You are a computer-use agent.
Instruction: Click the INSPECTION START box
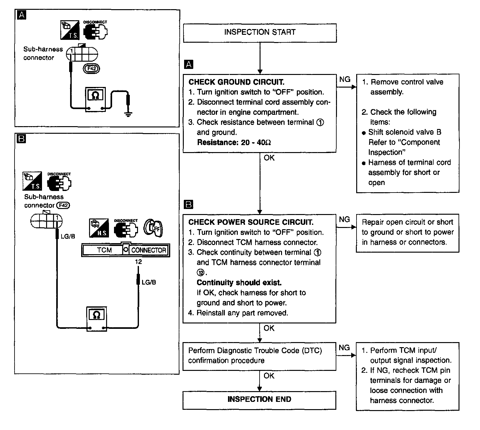point(260,33)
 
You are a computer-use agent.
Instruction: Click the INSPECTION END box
point(259,400)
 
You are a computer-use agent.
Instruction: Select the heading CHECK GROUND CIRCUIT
point(237,82)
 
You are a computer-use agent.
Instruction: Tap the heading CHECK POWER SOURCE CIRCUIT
point(251,222)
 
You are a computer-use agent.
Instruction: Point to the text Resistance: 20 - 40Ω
point(234,142)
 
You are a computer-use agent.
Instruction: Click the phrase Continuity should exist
point(239,282)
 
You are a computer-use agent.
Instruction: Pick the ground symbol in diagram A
point(128,114)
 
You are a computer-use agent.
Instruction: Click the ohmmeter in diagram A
point(95,99)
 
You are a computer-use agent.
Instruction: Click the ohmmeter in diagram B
point(97,319)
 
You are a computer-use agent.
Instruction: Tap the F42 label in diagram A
point(92,69)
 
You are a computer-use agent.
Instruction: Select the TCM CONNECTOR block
point(126,250)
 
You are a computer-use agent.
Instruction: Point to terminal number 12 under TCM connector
point(138,262)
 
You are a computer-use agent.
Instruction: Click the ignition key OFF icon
point(153,228)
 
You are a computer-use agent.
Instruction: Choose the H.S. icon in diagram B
point(99,228)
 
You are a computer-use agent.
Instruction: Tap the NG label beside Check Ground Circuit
point(345,79)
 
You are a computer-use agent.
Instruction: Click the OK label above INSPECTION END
point(269,376)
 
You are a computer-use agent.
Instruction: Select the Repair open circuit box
point(407,233)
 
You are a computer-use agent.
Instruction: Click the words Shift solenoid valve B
point(405,132)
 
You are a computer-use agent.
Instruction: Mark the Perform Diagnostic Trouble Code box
point(259,356)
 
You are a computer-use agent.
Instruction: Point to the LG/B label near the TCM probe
point(149,282)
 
